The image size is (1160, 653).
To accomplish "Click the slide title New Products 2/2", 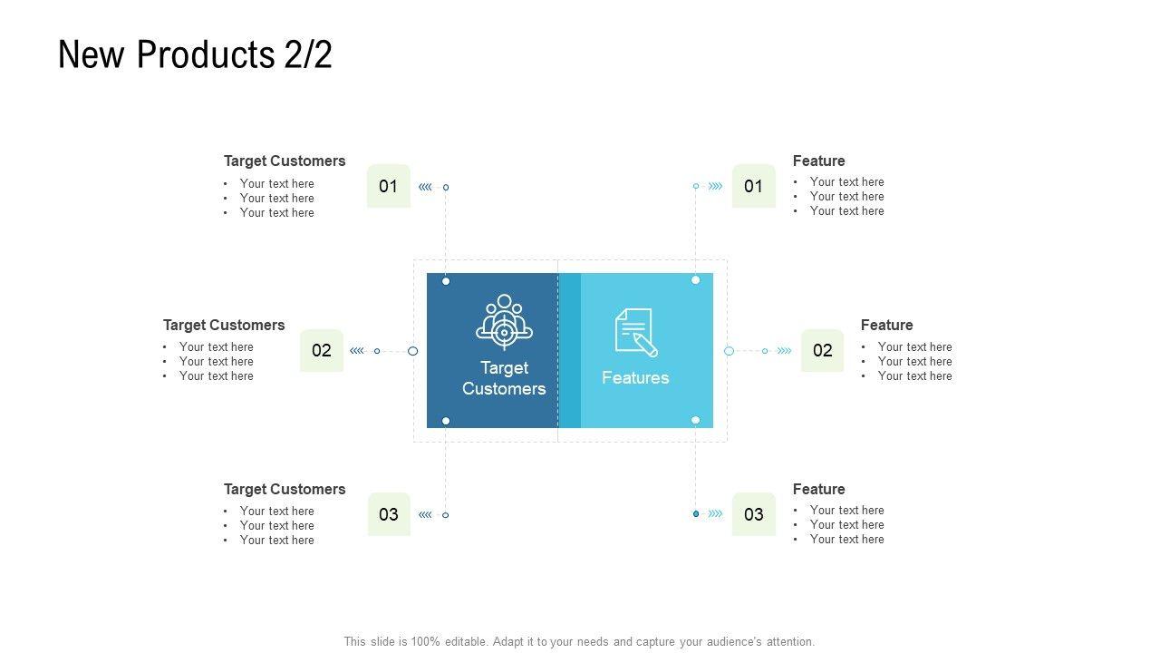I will click(x=195, y=54).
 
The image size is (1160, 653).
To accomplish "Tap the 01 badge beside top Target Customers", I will click(x=389, y=186).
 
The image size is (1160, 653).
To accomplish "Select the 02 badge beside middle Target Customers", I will click(x=322, y=351).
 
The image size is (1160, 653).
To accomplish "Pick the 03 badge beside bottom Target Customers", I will click(x=389, y=514).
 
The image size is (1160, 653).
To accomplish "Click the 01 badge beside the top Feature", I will click(x=753, y=186).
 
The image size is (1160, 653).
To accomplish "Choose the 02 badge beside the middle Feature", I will click(x=822, y=351).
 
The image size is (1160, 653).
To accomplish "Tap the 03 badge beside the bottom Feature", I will click(x=753, y=514).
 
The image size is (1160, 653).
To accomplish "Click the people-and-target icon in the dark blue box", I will click(x=504, y=321).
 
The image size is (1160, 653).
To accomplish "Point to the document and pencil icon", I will click(x=635, y=332).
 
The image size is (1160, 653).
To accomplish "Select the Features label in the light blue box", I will click(x=635, y=378).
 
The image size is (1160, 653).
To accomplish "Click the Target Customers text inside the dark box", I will click(x=504, y=378).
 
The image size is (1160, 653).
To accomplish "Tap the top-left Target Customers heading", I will click(x=285, y=161).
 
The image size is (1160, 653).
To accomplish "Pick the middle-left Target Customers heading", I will click(x=224, y=325).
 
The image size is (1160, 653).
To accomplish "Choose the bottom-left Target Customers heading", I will click(x=285, y=489).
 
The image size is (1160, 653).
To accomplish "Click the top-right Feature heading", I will click(x=818, y=161).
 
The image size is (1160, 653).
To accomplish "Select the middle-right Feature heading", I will click(x=886, y=325).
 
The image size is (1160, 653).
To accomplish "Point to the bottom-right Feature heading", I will click(x=818, y=489).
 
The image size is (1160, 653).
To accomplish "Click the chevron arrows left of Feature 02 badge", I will click(x=784, y=351).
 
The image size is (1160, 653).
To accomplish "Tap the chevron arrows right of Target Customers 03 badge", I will click(x=425, y=515).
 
